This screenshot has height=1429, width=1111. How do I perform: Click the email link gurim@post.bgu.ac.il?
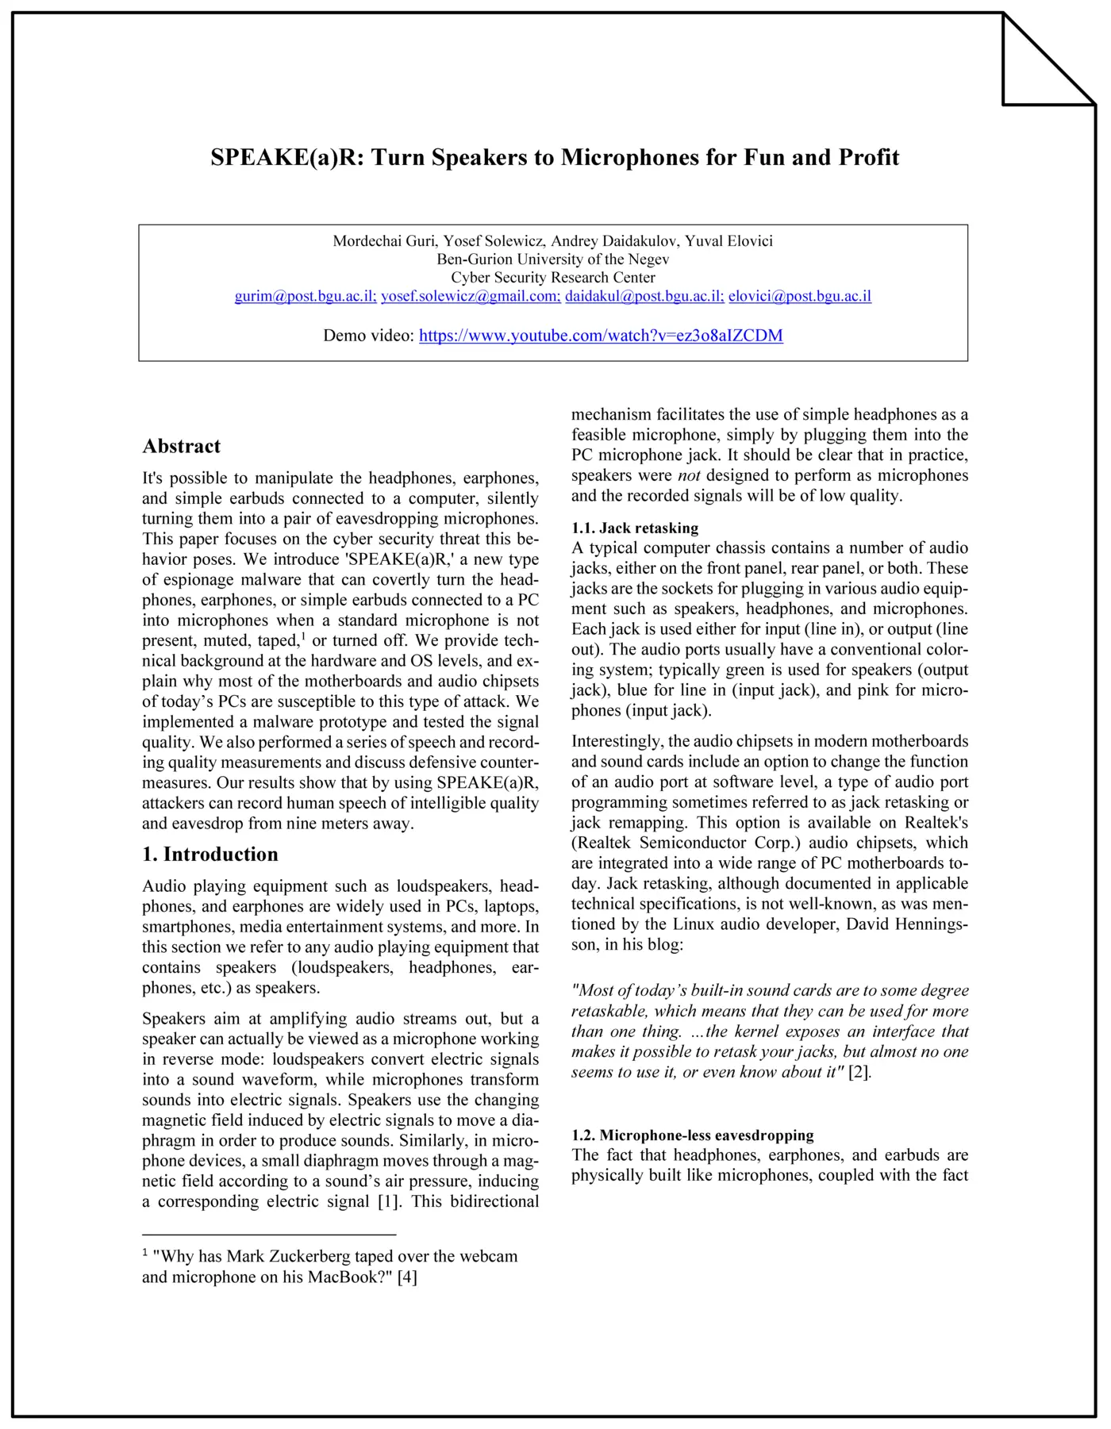pyautogui.click(x=306, y=296)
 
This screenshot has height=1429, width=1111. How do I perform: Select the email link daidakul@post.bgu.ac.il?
pyautogui.click(x=644, y=296)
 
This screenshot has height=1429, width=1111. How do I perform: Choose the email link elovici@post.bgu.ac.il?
pyautogui.click(x=799, y=296)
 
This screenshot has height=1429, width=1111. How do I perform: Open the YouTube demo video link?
pyautogui.click(x=601, y=336)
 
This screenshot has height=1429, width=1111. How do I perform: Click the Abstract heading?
pyautogui.click(x=182, y=446)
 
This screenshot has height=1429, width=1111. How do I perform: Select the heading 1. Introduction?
pyautogui.click(x=210, y=855)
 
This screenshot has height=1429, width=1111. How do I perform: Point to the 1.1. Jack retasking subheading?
pyautogui.click(x=635, y=528)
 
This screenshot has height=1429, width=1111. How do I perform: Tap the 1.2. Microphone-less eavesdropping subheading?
pyautogui.click(x=693, y=1135)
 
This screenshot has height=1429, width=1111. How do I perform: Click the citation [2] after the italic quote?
pyautogui.click(x=859, y=1073)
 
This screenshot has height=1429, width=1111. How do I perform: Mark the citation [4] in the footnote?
pyautogui.click(x=407, y=1277)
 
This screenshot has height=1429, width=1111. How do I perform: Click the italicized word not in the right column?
pyautogui.click(x=689, y=475)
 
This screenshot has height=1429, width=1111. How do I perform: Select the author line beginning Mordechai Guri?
pyautogui.click(x=552, y=241)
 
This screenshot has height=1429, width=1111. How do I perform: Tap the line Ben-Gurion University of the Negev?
pyautogui.click(x=552, y=259)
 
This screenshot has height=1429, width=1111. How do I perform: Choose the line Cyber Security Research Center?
pyautogui.click(x=552, y=278)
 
